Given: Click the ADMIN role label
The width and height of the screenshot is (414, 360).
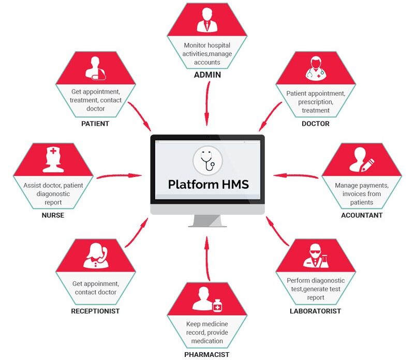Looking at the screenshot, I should pyautogui.click(x=207, y=74).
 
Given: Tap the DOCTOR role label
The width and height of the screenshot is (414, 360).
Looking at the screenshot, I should pyautogui.click(x=315, y=124).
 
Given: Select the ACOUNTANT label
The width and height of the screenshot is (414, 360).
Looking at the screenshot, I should pyautogui.click(x=362, y=215).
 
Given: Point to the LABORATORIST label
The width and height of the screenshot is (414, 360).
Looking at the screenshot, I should pyautogui.click(x=315, y=311).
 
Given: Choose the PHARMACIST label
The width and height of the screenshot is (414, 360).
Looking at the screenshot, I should pyautogui.click(x=206, y=354).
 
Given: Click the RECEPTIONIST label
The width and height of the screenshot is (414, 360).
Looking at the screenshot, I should pyautogui.click(x=95, y=311).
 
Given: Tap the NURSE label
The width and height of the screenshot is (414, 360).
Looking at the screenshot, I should pyautogui.click(x=53, y=215).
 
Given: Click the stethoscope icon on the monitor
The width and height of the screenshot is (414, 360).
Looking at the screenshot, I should pyautogui.click(x=208, y=160).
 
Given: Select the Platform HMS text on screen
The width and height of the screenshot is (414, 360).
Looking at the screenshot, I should pyautogui.click(x=208, y=184).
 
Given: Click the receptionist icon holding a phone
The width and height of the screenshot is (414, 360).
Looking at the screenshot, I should pyautogui.click(x=96, y=255).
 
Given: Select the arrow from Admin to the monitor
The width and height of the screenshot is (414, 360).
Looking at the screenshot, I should pyautogui.click(x=207, y=102).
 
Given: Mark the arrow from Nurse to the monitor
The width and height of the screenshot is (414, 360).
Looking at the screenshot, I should pyautogui.click(x=119, y=176).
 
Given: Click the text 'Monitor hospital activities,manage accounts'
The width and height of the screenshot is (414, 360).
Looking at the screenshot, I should pyautogui.click(x=207, y=54).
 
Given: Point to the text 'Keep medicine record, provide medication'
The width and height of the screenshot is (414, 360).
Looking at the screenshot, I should pyautogui.click(x=207, y=333).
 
